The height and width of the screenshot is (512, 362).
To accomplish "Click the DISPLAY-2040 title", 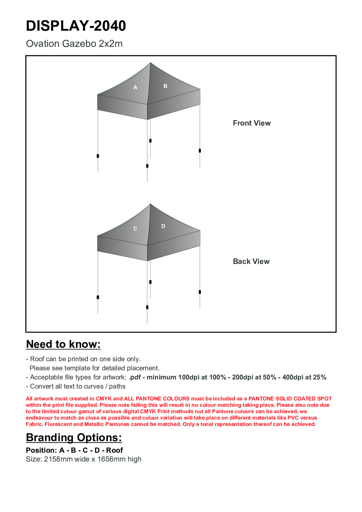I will click(76, 26).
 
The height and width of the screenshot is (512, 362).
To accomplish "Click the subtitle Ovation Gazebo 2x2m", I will click(74, 44).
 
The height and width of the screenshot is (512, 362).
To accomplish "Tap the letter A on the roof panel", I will click(136, 88).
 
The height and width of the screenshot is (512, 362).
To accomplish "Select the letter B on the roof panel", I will click(165, 86).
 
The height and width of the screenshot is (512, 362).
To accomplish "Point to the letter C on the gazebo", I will click(136, 229).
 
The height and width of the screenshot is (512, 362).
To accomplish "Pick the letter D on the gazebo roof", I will click(163, 226).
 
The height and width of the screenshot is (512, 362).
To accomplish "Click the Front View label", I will click(252, 123).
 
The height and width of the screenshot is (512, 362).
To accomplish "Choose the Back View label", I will click(251, 261).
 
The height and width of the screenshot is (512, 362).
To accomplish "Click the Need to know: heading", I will click(63, 344).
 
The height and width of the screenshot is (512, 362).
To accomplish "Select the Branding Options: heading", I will click(74, 438).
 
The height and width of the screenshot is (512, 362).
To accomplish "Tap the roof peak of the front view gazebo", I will click(150, 63).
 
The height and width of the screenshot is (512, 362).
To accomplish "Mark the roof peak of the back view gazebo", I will click(150, 204).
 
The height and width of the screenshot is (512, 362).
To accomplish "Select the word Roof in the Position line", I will click(115, 450).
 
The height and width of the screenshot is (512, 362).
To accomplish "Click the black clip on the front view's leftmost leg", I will click(98, 156).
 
